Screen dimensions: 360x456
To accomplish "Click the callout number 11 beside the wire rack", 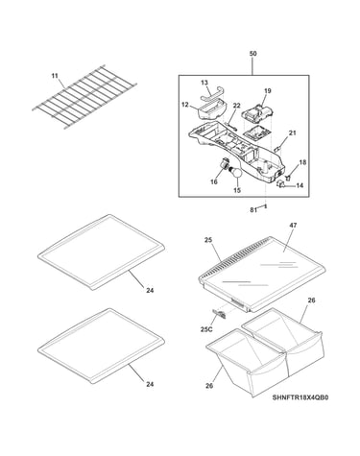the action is [x=55, y=76].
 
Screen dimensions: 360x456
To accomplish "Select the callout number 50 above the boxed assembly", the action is [x=252, y=54].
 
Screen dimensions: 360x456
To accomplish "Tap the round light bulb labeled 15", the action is [x=237, y=173].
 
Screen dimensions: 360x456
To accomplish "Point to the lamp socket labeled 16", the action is [x=227, y=164].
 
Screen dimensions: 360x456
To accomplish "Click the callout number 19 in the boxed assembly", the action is [x=268, y=91].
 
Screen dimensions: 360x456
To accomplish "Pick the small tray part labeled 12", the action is [x=210, y=109].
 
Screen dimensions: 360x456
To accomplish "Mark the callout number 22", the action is [x=237, y=106].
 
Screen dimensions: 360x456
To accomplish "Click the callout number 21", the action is [x=293, y=133].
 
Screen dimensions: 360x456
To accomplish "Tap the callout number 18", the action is [x=302, y=162].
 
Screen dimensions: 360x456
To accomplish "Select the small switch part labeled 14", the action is [x=280, y=184].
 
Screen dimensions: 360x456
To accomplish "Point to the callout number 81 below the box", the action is [x=253, y=210].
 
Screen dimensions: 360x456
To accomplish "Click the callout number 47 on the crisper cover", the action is [x=293, y=226].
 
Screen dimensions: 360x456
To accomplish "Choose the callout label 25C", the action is [x=206, y=329].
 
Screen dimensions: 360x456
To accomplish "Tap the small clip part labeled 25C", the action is [x=219, y=314].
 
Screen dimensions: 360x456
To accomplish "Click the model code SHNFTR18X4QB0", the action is [x=300, y=398].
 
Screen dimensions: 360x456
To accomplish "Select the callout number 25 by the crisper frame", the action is [x=208, y=240].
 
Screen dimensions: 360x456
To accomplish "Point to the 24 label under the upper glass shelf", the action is [x=150, y=291].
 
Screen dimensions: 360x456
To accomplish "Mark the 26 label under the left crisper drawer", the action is [x=209, y=386].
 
